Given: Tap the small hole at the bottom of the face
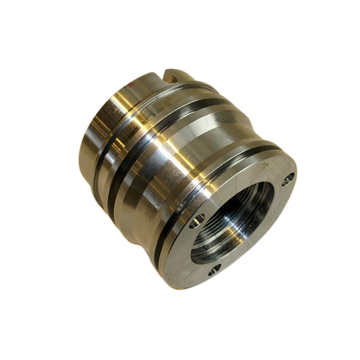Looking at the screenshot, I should tap(213, 271).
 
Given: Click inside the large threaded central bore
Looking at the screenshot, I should tap(231, 225).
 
